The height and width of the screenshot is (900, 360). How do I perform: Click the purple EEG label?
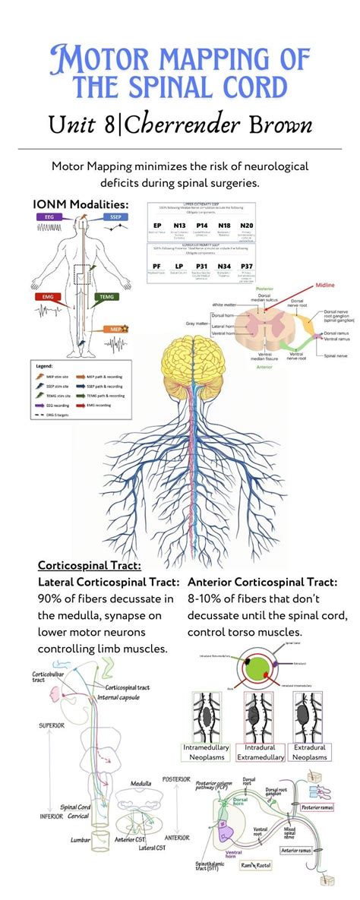[x=49, y=216]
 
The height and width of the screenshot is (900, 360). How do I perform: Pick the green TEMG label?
[x=106, y=297]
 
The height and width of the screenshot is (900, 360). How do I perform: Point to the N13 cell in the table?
[x=179, y=226]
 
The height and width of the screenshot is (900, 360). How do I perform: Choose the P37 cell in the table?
[x=247, y=267]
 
